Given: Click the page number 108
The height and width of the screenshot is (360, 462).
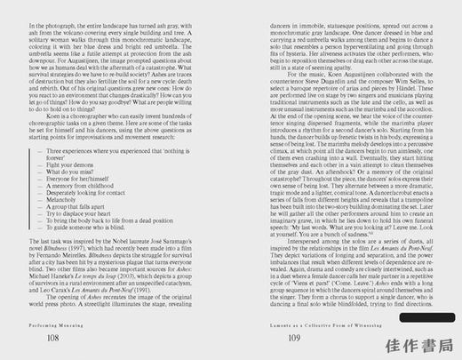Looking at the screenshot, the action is click(53, 339).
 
